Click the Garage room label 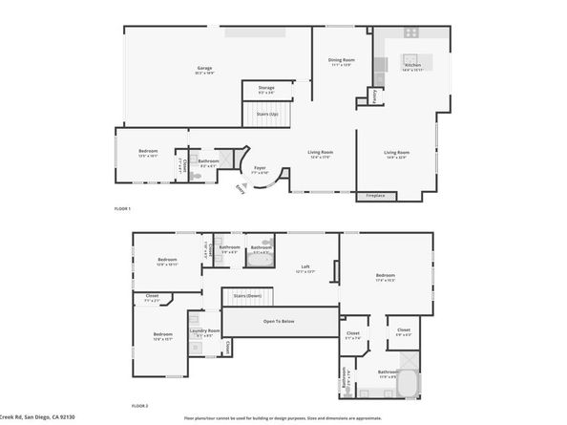click(x=204, y=68)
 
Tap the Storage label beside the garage click(x=265, y=88)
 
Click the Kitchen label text click(x=412, y=65)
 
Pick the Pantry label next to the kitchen click(x=375, y=96)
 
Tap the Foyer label click(x=260, y=168)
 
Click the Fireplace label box click(x=375, y=196)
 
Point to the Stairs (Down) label click(x=247, y=296)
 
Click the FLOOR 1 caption click(x=121, y=208)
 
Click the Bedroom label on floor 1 click(x=148, y=151)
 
